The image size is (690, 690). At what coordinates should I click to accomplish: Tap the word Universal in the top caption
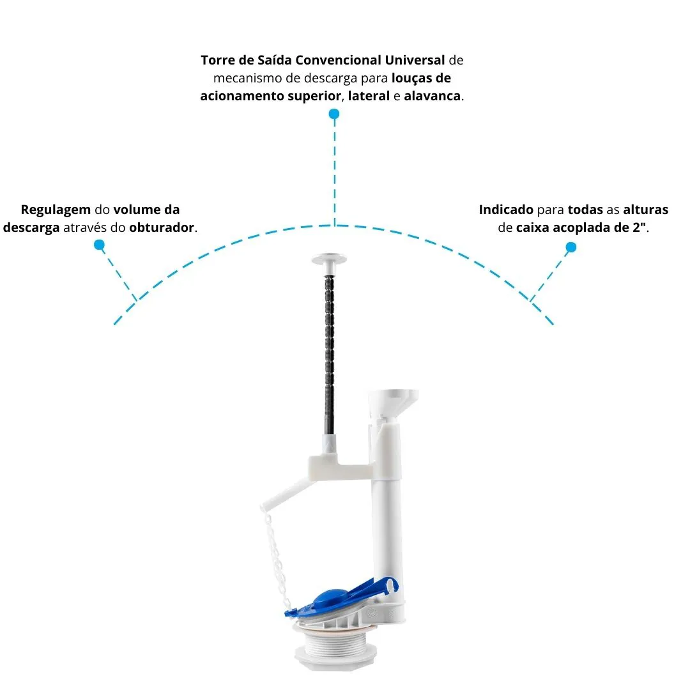[x=415, y=60]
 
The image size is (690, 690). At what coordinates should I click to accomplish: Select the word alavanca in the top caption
[x=432, y=95]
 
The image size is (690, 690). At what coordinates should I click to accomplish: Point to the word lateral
[x=369, y=95]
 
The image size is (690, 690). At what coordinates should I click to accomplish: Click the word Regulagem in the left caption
[x=56, y=210]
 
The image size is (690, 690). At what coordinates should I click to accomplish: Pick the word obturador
[x=162, y=227]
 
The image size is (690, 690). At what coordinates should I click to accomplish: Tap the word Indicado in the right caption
[x=506, y=210]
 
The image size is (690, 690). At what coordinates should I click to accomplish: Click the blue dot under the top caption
[x=334, y=114]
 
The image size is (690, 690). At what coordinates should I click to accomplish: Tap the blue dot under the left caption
[x=100, y=245]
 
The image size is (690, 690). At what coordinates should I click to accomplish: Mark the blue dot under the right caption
[x=571, y=247]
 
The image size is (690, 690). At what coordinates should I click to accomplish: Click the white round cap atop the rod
[x=329, y=259]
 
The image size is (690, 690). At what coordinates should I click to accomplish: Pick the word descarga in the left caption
[x=31, y=227]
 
